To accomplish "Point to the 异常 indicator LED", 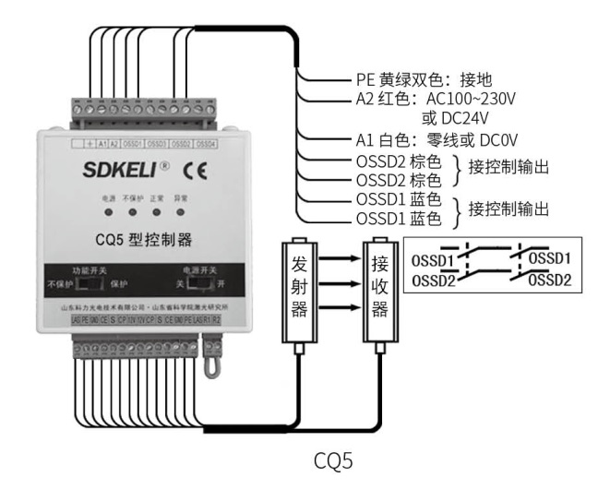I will [180, 213].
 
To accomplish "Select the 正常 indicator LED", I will [156, 213].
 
